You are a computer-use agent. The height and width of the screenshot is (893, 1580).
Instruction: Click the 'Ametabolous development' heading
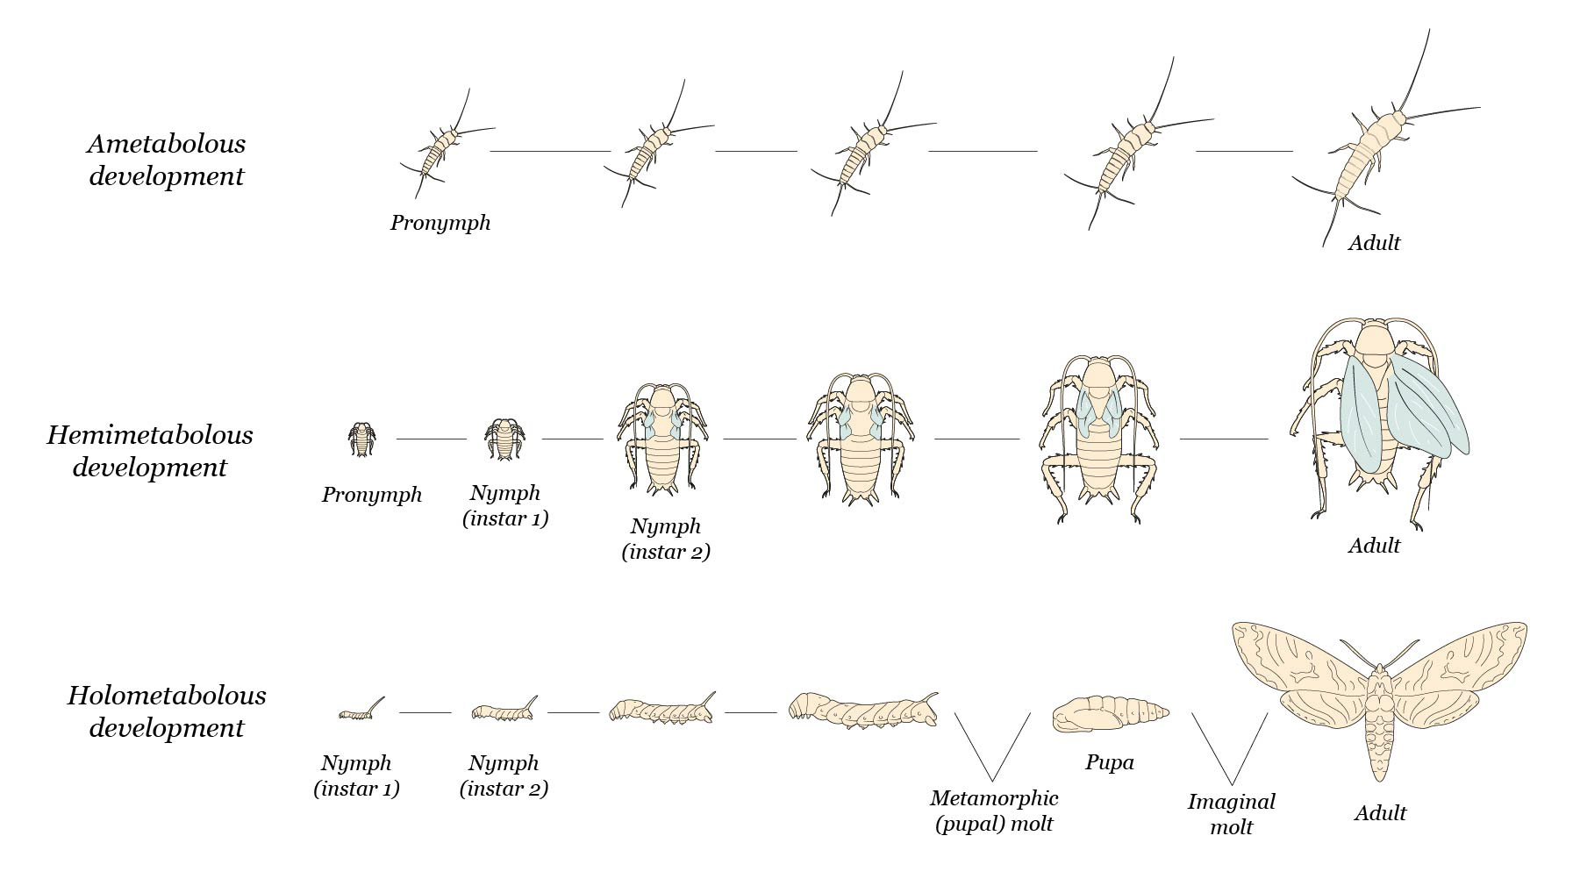tap(167, 160)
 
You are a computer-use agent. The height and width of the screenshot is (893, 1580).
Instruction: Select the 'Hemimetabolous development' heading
tap(150, 451)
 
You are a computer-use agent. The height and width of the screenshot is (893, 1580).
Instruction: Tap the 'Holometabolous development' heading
tap(167, 711)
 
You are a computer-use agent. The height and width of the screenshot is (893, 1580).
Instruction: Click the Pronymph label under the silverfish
tap(440, 223)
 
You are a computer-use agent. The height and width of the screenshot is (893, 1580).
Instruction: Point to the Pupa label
tap(1109, 762)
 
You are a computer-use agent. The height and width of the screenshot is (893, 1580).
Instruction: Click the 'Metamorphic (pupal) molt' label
tap(994, 811)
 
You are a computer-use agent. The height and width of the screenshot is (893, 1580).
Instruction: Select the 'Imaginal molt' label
tap(1231, 814)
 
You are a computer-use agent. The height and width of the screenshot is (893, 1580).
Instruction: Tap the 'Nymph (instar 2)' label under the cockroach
tap(666, 539)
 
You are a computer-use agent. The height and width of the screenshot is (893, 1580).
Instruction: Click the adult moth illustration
tap(1378, 693)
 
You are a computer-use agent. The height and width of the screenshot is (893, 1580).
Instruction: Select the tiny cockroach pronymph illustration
tap(361, 439)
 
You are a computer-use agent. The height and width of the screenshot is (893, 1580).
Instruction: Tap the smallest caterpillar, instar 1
tap(360, 711)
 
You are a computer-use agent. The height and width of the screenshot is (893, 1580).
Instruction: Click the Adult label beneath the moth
tap(1380, 813)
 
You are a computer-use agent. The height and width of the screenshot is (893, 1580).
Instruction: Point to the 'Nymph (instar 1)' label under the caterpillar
tap(357, 775)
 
